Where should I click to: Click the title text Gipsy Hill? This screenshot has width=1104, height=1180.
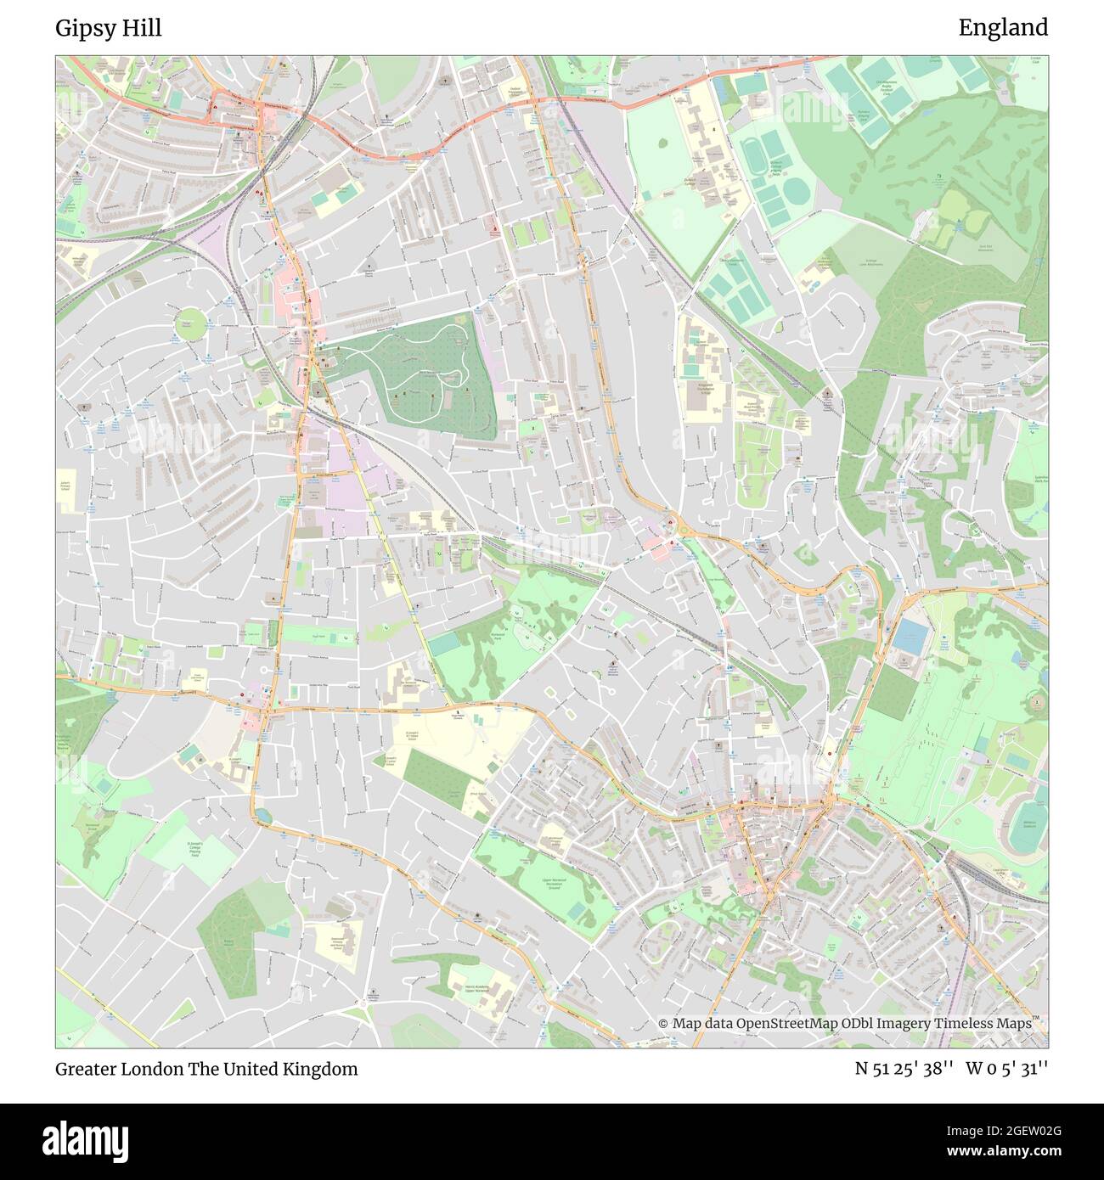tap(109, 28)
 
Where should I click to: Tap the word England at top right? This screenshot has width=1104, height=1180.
tap(1003, 28)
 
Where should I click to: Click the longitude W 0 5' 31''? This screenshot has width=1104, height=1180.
tap(1006, 1069)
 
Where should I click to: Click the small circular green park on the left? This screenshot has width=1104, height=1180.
tap(191, 323)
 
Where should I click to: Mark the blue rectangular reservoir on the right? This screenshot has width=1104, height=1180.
tap(910, 637)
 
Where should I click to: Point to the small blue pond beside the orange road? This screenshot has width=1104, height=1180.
tap(261, 816)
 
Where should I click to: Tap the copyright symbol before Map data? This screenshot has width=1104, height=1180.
tap(663, 1023)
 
